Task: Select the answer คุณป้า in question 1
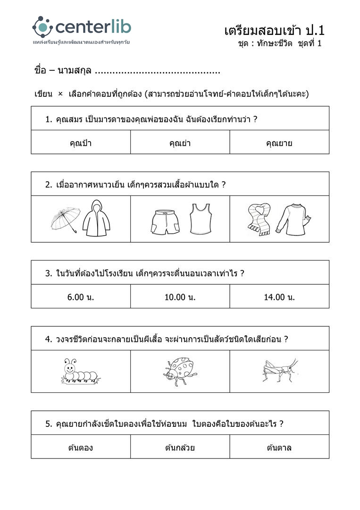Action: click(81, 143)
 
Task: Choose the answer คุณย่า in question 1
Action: click(180, 143)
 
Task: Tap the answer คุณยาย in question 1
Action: click(279, 143)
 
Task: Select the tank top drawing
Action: click(200, 219)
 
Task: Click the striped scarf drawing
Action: click(259, 219)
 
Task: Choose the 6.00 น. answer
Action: click(81, 297)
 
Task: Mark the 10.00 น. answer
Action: click(180, 297)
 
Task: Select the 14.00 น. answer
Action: click(279, 297)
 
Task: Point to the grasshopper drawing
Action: click(280, 369)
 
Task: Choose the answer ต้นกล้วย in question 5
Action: click(180, 448)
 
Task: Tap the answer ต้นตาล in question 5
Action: click(279, 448)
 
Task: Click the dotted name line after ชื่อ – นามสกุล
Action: click(158, 72)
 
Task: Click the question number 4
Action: click(48, 339)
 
